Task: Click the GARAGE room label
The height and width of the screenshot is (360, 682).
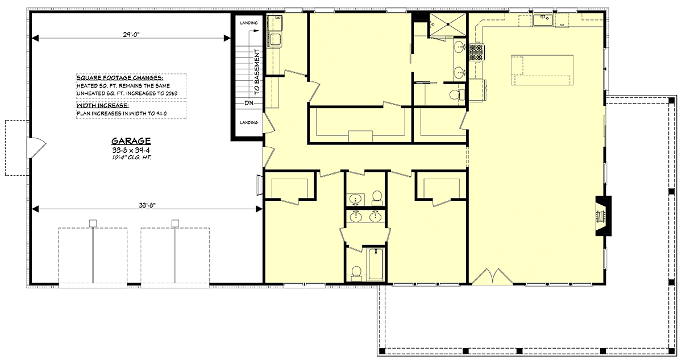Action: [131, 141]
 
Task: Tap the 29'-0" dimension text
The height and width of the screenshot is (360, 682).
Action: [131, 35]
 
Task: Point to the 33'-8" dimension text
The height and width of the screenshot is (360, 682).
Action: [147, 205]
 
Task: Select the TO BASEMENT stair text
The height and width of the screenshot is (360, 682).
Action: [257, 72]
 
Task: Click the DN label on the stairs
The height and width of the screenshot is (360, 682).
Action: [249, 103]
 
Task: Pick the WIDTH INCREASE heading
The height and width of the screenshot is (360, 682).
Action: [103, 106]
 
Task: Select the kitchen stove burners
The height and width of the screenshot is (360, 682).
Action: [476, 52]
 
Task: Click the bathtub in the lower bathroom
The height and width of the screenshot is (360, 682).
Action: [376, 264]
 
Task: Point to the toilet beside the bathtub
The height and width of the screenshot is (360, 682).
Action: [356, 273]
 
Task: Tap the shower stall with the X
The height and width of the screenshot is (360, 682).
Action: [448, 25]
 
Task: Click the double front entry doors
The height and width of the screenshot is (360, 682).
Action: [492, 276]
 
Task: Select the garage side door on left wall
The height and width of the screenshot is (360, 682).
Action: [36, 148]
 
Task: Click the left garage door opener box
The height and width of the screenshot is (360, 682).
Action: [93, 224]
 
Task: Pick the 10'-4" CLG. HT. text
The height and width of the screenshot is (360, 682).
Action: [131, 158]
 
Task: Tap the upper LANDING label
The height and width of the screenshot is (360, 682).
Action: [249, 23]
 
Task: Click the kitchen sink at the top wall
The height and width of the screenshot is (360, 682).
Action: [543, 20]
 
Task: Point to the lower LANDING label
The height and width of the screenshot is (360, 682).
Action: [249, 122]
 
